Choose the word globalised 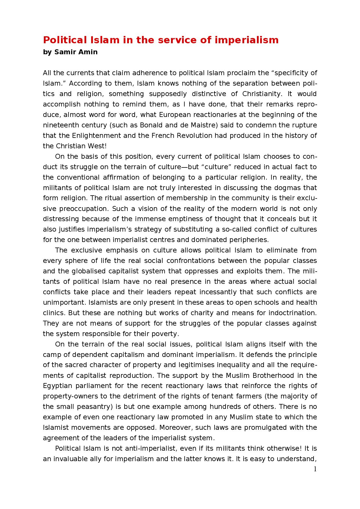[x=84, y=271]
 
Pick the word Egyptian [x=57, y=386]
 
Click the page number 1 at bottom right [x=315, y=469]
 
